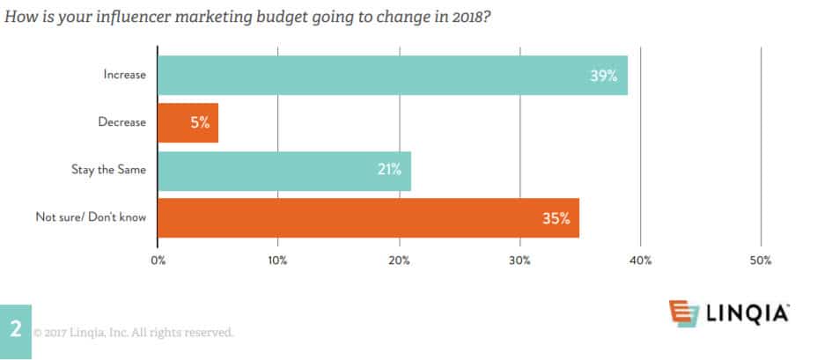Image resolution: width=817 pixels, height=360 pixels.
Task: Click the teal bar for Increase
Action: point(392,75)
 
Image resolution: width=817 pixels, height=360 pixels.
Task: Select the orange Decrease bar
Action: point(188,122)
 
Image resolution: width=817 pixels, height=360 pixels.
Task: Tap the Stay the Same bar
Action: point(283,170)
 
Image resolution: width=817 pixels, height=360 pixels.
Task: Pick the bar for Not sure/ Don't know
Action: point(368,217)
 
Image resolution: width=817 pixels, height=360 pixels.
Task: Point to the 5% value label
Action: point(200,123)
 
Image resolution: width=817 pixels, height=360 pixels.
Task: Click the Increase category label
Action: point(124,76)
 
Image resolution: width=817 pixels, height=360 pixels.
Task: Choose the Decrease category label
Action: point(122,123)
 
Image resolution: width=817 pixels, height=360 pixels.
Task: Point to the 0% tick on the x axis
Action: point(158,261)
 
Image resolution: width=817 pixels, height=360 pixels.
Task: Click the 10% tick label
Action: point(278,261)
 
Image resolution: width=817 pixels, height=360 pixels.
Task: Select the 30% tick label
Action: point(519,261)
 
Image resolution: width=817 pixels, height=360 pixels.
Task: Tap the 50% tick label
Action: point(761,261)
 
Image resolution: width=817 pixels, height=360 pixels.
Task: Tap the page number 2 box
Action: point(16,331)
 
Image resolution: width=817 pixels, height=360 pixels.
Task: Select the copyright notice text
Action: point(134,333)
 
